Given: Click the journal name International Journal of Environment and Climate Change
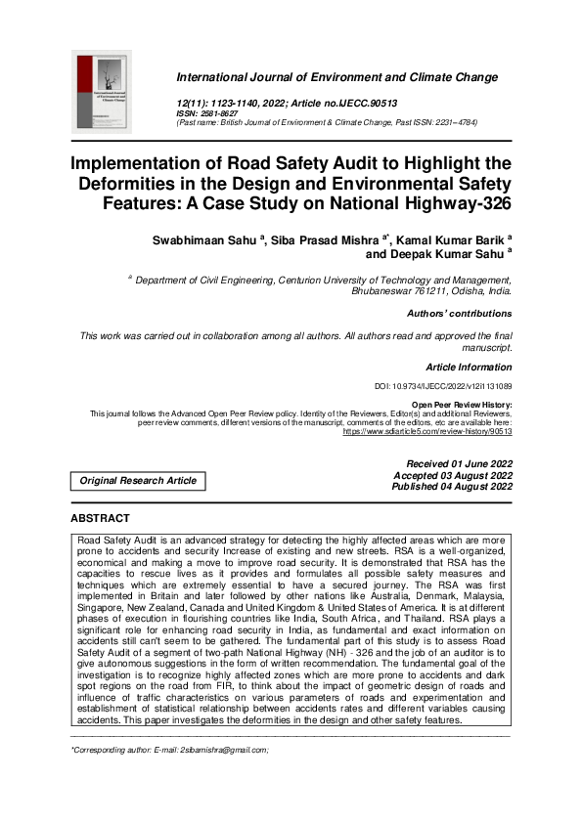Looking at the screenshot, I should [336, 76].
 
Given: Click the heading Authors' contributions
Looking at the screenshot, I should [459, 314].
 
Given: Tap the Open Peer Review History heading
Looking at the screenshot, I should [461, 404].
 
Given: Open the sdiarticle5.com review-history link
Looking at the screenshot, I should [426, 431].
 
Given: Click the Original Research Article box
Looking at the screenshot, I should [138, 480].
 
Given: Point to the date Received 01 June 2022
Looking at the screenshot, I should [459, 463].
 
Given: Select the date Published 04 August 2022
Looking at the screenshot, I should [452, 486].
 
